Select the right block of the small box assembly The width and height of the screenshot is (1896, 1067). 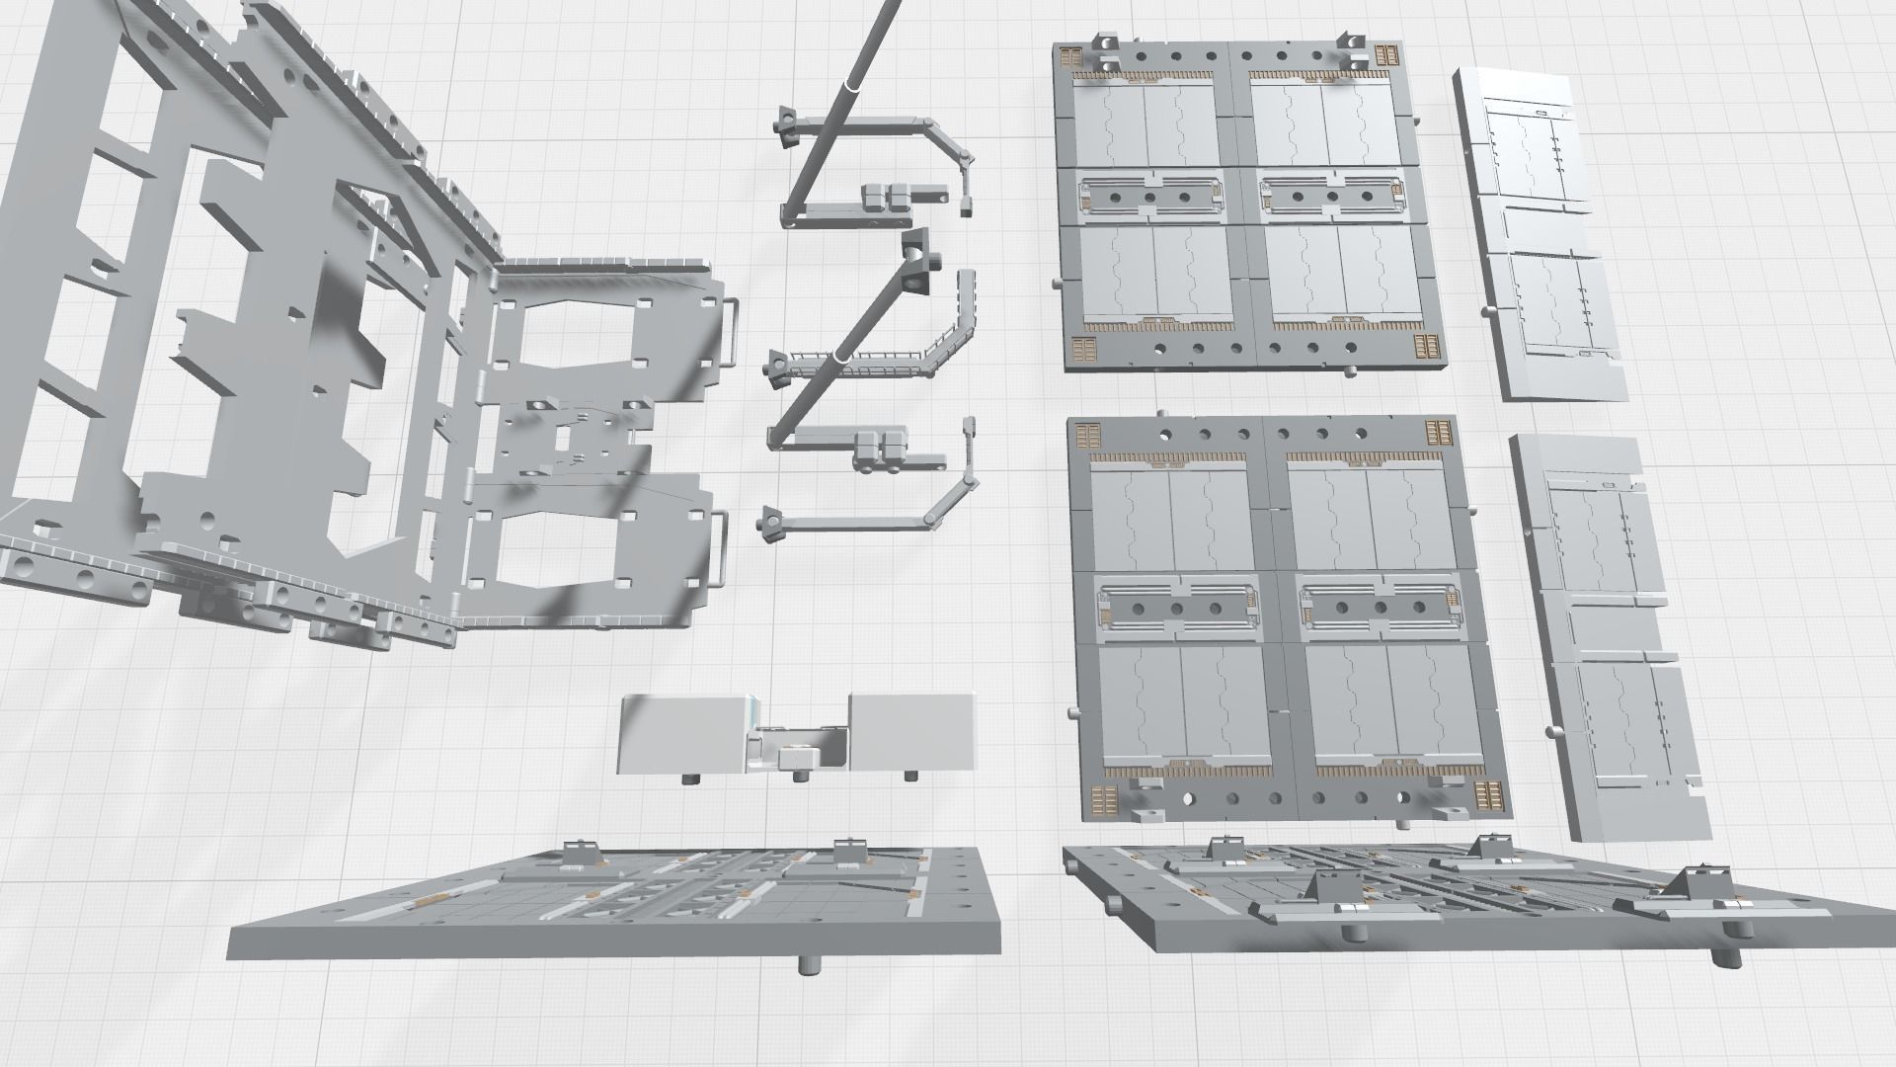pos(910,731)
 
